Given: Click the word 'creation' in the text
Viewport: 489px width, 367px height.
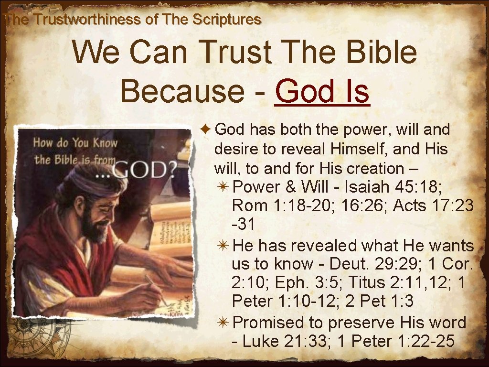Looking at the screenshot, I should click(375, 168).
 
